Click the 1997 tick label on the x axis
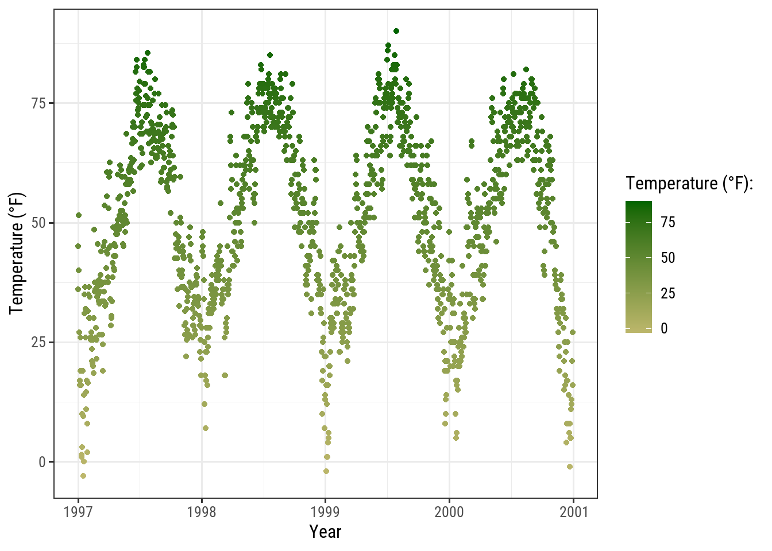click(x=78, y=512)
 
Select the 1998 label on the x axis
click(x=202, y=512)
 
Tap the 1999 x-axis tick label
click(x=325, y=512)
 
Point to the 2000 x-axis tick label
click(x=449, y=512)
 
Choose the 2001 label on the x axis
click(x=573, y=512)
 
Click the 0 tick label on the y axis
click(x=43, y=462)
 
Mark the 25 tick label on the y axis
click(x=39, y=342)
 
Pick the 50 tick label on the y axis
click(x=39, y=223)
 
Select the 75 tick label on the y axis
click(x=39, y=103)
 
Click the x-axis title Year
click(x=325, y=532)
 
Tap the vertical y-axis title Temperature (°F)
click(x=17, y=253)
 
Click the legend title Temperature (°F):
click(x=689, y=184)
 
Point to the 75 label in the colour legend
click(x=668, y=223)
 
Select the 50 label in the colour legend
click(x=668, y=258)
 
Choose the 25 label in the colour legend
click(x=668, y=294)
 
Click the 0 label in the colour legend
click(x=665, y=329)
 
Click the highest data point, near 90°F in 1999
click(x=396, y=31)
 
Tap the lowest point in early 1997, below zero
click(x=83, y=476)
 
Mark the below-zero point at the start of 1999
click(x=326, y=471)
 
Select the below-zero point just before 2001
click(x=570, y=467)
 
